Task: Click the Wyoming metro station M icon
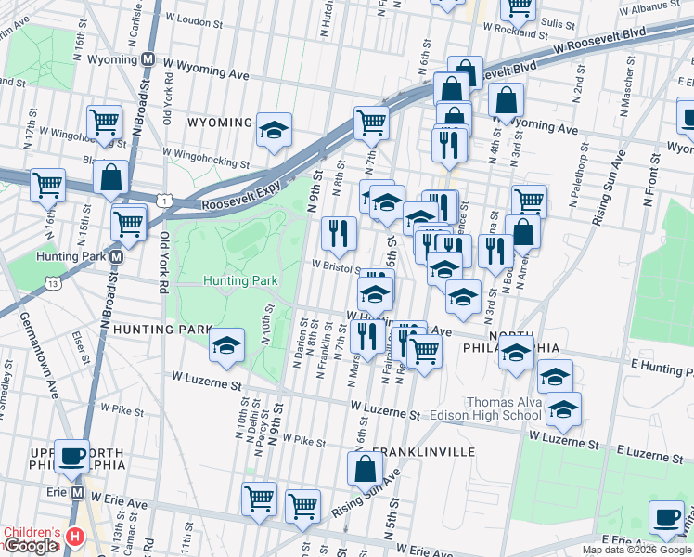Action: (148, 58)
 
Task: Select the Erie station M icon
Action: (78, 492)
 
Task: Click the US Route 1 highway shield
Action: (164, 200)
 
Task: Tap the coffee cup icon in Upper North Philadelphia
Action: (72, 456)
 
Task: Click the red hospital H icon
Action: (76, 537)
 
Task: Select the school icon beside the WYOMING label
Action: (274, 130)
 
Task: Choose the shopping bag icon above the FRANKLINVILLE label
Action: (365, 469)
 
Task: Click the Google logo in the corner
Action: (30, 546)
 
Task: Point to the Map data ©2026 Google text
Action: (636, 550)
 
